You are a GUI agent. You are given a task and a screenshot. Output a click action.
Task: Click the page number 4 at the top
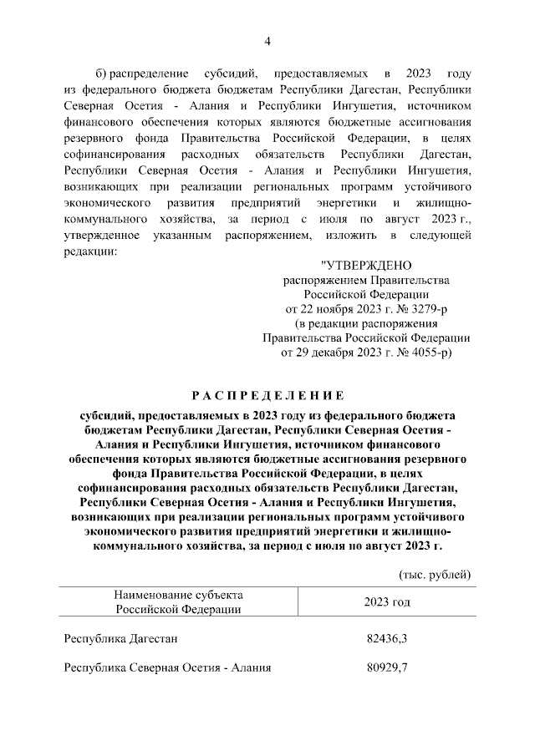267,41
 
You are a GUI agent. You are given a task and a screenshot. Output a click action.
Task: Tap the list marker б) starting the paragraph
103,74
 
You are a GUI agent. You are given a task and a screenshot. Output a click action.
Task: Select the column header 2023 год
387,601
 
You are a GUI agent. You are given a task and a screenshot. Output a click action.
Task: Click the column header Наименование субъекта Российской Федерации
179,601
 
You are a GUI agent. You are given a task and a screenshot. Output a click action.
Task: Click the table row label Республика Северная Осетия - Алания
167,667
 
